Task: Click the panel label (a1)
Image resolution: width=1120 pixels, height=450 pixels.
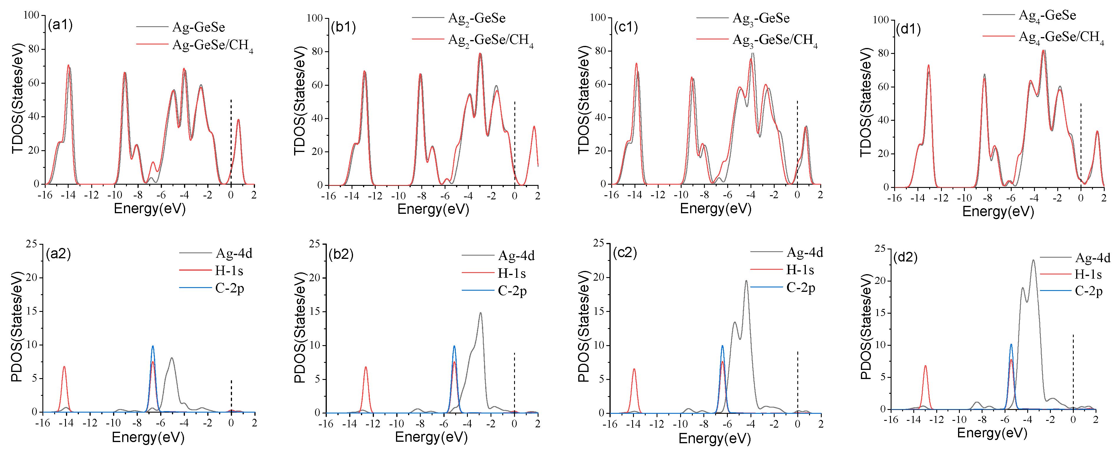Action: pyautogui.click(x=60, y=25)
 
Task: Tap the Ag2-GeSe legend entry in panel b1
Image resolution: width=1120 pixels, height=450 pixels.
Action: pyautogui.click(x=476, y=19)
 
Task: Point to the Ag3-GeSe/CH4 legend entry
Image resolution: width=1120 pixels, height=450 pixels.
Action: pyautogui.click(x=774, y=40)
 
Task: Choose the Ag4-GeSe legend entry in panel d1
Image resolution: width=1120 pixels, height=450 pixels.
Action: pyautogui.click(x=1047, y=16)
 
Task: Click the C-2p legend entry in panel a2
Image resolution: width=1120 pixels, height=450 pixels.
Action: pyautogui.click(x=229, y=289)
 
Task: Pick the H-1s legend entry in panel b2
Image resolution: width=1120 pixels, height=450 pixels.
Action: pyautogui.click(x=511, y=274)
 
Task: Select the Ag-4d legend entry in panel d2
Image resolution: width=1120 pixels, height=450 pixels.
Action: pyautogui.click(x=1092, y=258)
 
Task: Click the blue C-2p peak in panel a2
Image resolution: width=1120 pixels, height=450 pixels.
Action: pyautogui.click(x=153, y=347)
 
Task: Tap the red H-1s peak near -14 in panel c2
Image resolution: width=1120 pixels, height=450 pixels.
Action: pyautogui.click(x=634, y=370)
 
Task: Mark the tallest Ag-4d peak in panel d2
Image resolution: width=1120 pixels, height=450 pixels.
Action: pyautogui.click(x=1033, y=261)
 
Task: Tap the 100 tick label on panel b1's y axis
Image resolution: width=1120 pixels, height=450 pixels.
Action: pyautogui.click(x=314, y=18)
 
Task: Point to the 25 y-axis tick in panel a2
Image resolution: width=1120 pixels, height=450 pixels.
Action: pyautogui.click(x=31, y=244)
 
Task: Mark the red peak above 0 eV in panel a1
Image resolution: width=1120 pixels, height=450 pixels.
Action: pyautogui.click(x=238, y=120)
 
